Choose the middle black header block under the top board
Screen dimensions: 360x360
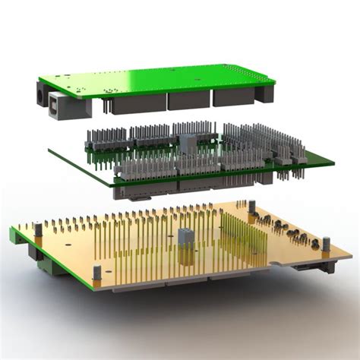pos(188,99)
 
